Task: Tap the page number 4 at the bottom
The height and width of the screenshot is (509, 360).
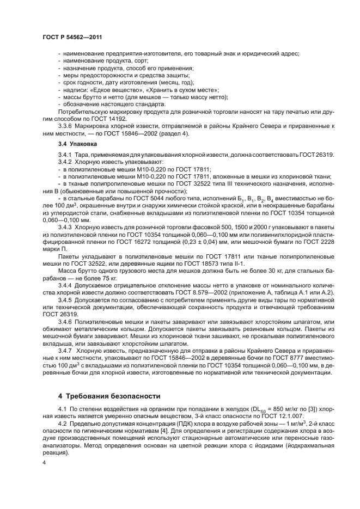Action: tap(44, 462)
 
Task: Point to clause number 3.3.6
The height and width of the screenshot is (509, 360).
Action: tap(66, 125)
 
